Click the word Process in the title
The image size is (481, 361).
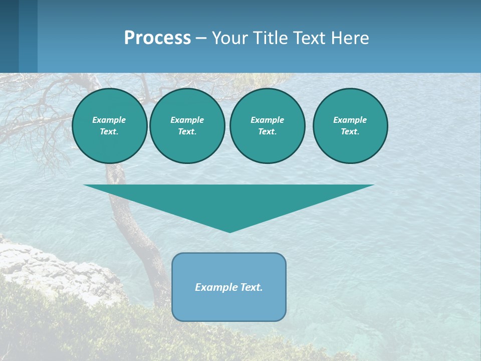coord(157,38)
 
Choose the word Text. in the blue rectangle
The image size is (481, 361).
coord(252,287)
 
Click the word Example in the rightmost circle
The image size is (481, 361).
coord(350,120)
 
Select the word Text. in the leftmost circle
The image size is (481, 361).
coord(109,131)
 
